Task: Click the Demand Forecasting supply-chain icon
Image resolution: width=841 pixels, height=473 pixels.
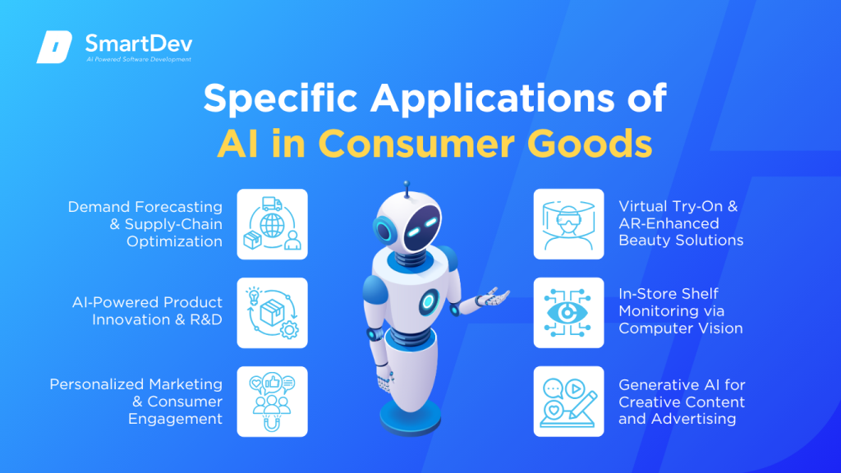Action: [x=272, y=224]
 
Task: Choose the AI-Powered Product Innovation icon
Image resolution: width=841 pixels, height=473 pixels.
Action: [x=272, y=313]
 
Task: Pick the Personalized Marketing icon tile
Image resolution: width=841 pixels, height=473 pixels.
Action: [x=272, y=401]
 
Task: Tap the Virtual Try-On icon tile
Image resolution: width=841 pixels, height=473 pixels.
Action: [x=568, y=224]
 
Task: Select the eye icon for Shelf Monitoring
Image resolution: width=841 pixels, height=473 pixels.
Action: [x=568, y=313]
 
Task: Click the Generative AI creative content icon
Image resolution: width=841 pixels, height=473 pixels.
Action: [x=568, y=401]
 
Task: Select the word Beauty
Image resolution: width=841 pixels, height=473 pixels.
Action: [x=644, y=241]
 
